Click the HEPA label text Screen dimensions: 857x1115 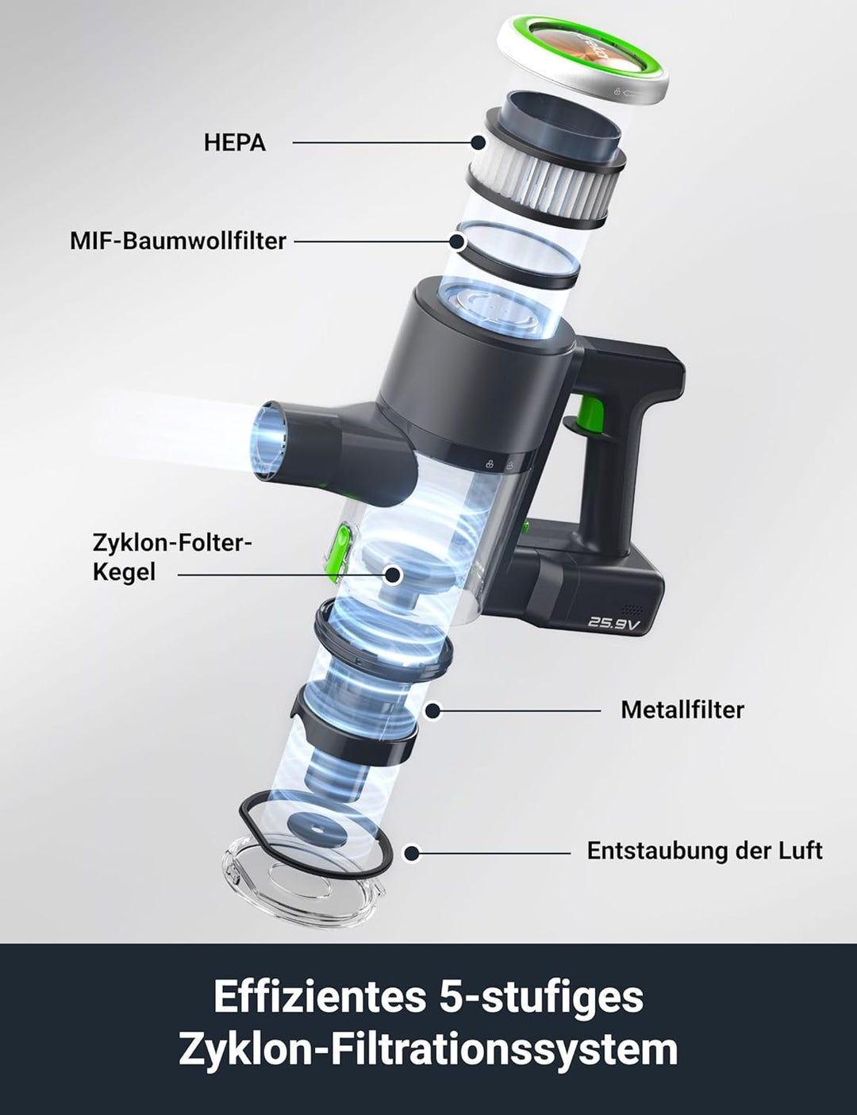tap(235, 143)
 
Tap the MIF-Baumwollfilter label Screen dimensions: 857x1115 tap(178, 240)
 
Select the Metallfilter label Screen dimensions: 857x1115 tap(682, 710)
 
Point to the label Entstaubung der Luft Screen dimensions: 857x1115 tap(705, 851)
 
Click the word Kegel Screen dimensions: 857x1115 tap(124, 573)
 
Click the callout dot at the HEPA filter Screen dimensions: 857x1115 tap(478, 143)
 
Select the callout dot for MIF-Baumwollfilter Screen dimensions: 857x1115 tap(456, 240)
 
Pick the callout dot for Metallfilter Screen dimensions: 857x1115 tap(432, 711)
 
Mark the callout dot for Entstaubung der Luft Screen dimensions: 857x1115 tap(411, 853)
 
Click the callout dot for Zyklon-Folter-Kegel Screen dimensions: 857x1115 tap(392, 575)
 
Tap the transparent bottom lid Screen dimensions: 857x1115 tap(303, 881)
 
